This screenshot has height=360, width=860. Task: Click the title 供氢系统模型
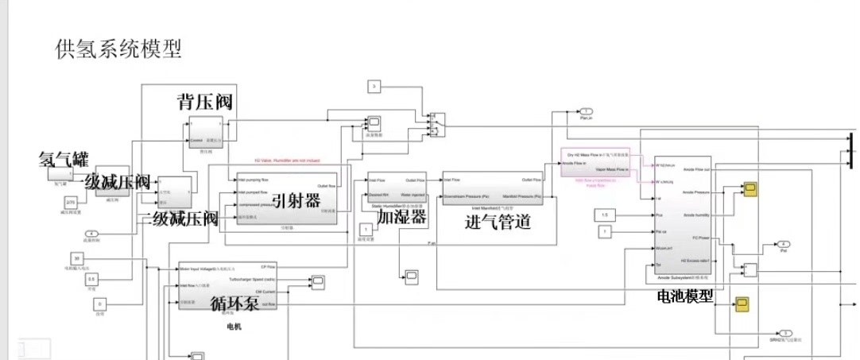click(118, 48)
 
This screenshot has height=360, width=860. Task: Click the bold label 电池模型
click(685, 295)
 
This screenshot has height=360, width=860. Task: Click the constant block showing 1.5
click(605, 215)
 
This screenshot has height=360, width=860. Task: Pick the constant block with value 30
click(76, 259)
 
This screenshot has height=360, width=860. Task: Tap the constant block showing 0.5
click(92, 279)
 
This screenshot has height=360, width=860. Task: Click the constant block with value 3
click(376, 86)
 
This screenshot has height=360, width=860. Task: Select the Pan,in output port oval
click(586, 110)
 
